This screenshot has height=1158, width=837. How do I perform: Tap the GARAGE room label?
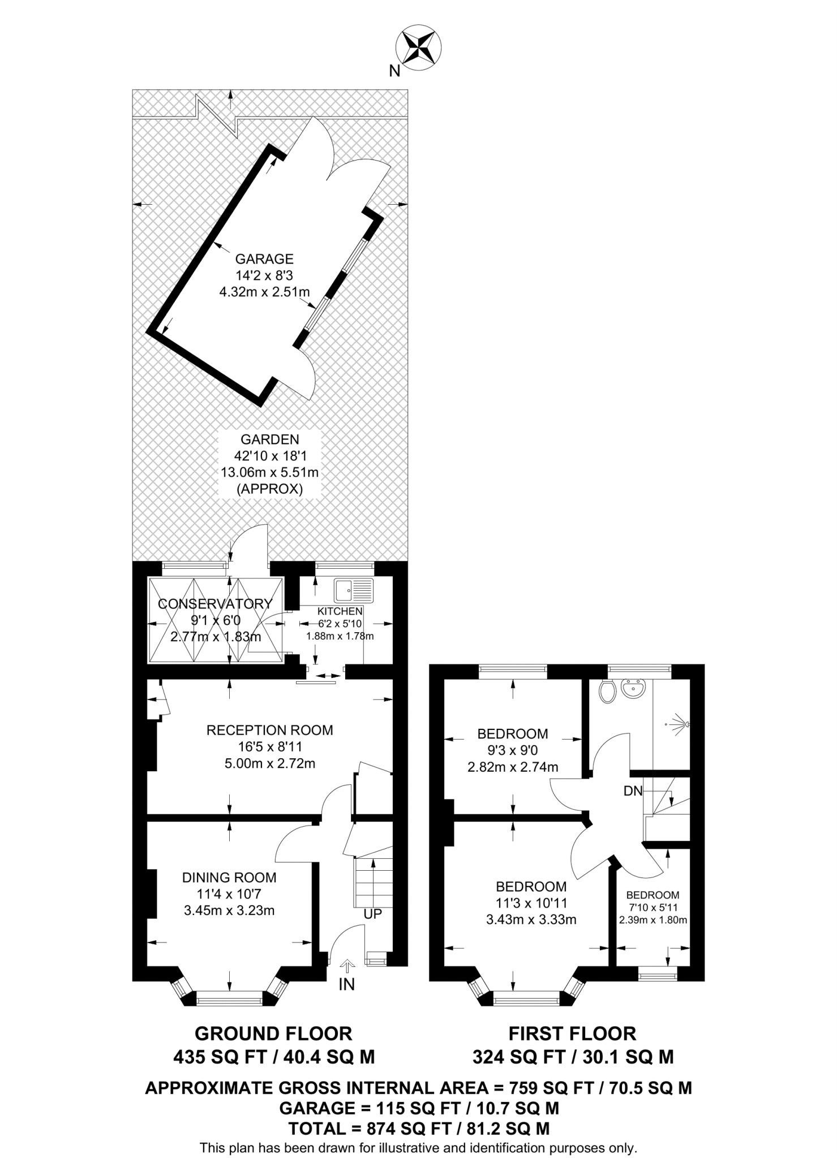264,259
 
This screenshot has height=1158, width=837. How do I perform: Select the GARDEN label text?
270,439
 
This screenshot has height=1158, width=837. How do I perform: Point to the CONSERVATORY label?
215,604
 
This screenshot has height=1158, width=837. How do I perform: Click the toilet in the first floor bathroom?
607,691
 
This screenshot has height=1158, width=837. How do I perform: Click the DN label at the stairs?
633,791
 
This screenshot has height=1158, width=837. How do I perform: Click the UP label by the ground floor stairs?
373,914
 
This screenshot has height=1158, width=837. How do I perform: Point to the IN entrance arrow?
347,965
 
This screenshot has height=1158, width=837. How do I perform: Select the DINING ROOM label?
229,878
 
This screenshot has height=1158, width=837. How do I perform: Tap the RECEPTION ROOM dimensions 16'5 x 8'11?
270,747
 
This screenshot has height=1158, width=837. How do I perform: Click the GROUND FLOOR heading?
273,1034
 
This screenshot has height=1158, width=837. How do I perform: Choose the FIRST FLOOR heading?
572,1034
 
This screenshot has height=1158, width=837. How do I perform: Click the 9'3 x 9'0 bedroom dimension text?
512,751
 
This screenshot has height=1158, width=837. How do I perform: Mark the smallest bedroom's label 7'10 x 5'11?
653,908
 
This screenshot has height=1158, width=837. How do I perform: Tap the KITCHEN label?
340,611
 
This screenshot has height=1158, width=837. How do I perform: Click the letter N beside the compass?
395,71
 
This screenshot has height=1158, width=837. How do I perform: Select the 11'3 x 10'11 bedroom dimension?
531,903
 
